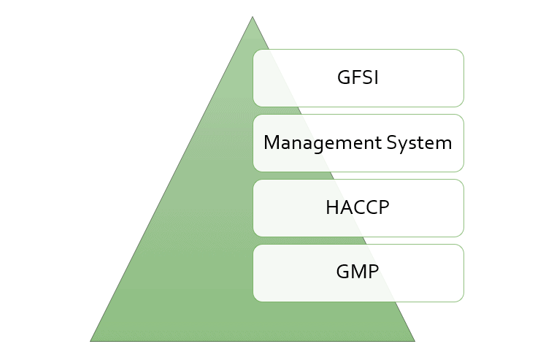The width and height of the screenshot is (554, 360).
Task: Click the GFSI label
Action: click(x=358, y=77)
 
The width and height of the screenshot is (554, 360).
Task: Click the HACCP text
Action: click(x=358, y=207)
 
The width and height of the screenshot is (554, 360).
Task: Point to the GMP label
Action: click(x=358, y=272)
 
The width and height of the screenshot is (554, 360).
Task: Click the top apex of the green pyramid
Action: click(x=253, y=17)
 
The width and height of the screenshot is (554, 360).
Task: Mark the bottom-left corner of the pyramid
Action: click(x=91, y=341)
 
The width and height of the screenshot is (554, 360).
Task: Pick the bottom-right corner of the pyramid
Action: click(x=414, y=341)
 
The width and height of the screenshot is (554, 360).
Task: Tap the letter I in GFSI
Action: click(x=377, y=77)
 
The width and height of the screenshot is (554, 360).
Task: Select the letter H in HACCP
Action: click(x=332, y=207)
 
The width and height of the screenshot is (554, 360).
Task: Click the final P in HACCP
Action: click(x=384, y=207)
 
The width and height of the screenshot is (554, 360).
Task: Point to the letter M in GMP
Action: click(x=358, y=272)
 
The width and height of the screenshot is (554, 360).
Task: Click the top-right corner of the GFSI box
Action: click(x=463, y=50)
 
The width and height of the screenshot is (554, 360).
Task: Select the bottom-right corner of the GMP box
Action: click(x=463, y=300)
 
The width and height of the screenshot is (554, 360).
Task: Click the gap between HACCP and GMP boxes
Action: click(x=358, y=240)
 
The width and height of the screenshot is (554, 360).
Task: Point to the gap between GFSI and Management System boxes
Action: click(x=358, y=110)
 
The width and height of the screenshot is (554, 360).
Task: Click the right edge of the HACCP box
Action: click(x=464, y=207)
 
